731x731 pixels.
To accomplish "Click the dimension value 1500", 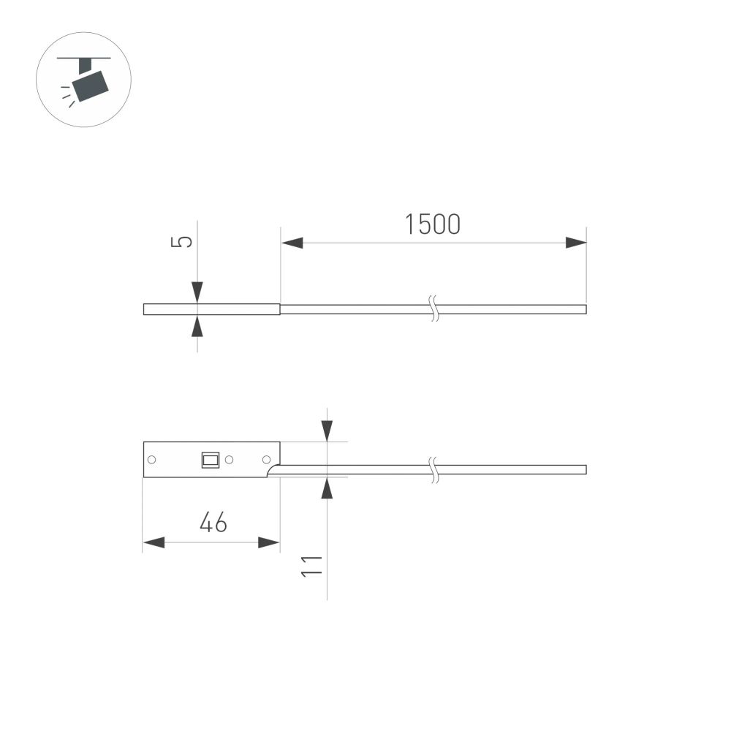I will coord(433,224).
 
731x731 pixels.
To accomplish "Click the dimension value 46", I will coord(213,523).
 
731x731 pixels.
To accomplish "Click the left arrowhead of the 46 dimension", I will coord(154,542).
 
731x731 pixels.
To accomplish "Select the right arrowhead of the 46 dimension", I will coord(269,542).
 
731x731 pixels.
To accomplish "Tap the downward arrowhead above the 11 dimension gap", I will coord(327,431).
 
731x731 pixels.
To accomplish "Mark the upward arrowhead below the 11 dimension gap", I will coord(327,488).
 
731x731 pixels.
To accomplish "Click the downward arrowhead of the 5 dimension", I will coord(197,292).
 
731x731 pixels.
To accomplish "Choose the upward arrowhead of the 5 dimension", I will coord(197,326).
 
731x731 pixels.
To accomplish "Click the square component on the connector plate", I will coord(211,460).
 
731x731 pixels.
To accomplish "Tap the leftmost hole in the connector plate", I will coord(152,460).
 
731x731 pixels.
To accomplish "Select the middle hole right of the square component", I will coord(229,460).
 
